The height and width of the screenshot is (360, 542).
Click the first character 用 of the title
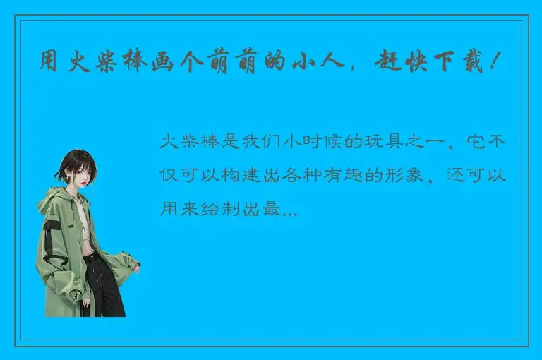click(50, 63)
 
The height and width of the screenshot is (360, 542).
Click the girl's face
click(80, 172)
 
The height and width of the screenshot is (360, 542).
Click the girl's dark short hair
click(75, 160)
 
